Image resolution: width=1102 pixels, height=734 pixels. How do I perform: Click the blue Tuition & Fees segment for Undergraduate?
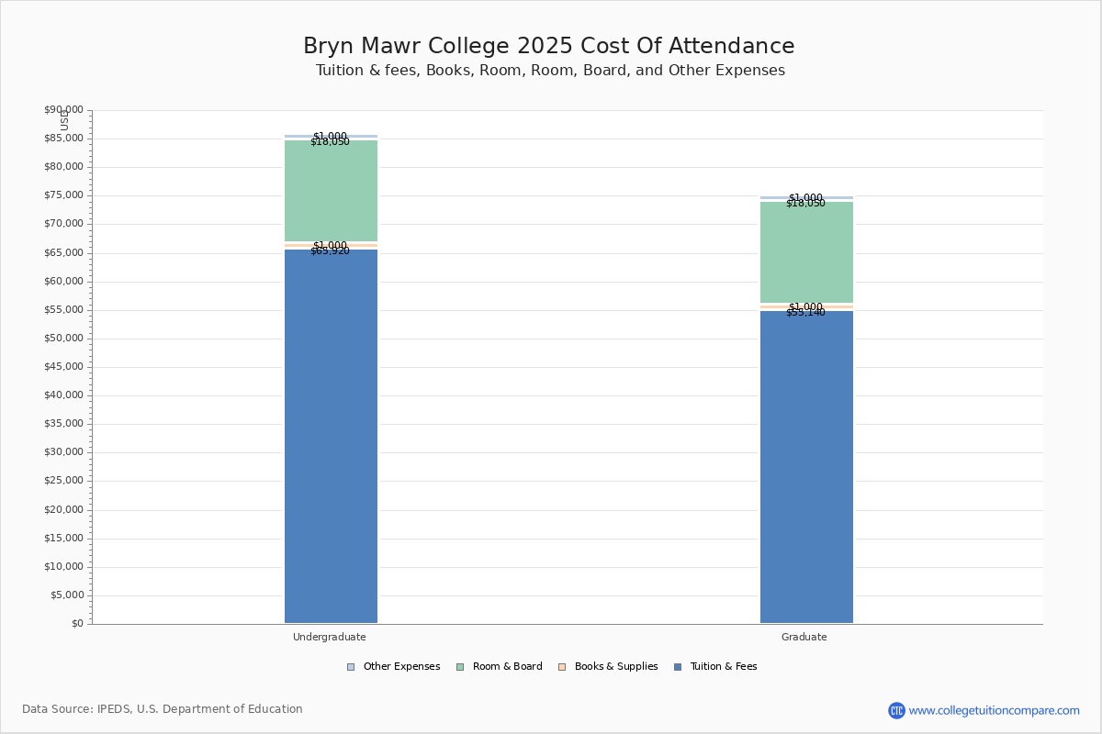331,436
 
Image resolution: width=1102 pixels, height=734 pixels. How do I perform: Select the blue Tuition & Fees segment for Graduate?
806,467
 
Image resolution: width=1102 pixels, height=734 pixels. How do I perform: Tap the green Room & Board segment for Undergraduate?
331,191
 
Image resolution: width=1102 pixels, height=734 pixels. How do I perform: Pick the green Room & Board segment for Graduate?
806,252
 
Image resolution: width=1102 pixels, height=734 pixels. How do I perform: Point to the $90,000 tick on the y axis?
63,110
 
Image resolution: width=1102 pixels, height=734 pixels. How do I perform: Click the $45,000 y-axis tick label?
63,367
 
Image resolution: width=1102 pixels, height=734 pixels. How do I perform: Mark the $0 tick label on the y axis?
76,624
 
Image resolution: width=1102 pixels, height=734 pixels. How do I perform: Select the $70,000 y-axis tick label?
63,224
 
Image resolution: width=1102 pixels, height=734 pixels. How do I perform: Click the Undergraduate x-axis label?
330,637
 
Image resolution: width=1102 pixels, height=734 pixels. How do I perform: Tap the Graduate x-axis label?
804,637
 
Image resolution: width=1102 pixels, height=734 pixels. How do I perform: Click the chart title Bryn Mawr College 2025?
549,46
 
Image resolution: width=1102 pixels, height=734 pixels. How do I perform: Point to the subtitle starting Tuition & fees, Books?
550,71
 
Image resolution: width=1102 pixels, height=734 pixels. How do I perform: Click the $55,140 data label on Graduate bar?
805,313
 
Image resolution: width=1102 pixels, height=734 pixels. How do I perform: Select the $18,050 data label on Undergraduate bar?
330,142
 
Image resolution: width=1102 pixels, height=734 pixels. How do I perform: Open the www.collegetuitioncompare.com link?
994,710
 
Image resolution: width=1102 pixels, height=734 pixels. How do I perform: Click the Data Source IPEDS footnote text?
163,709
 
